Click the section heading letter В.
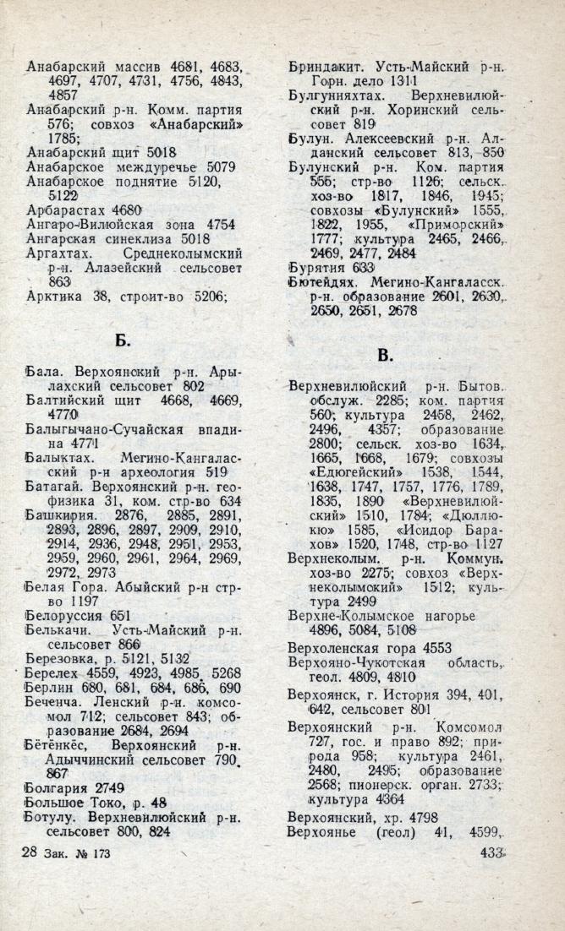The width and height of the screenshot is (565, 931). pyautogui.click(x=385, y=356)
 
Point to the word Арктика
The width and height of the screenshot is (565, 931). pyautogui.click(x=56, y=296)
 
